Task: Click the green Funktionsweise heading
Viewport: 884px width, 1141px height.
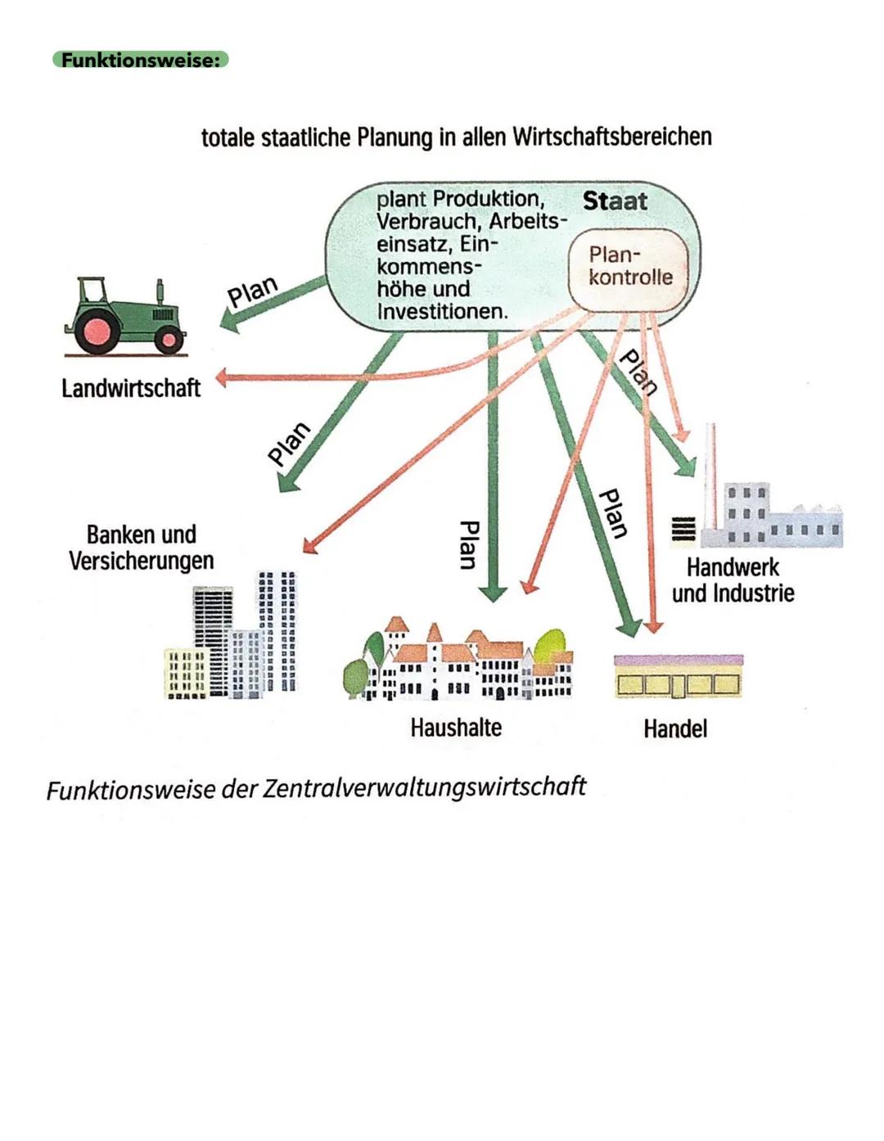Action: [140, 60]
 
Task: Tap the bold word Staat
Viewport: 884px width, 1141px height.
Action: [615, 201]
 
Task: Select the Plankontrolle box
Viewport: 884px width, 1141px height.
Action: [629, 267]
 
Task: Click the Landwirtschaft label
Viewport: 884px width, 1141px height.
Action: [131, 388]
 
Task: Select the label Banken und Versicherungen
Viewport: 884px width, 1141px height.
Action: [142, 548]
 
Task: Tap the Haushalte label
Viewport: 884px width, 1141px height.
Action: [456, 727]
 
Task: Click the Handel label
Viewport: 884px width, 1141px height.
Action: [675, 728]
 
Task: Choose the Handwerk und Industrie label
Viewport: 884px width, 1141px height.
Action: [733, 580]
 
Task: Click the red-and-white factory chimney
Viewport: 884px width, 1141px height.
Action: [711, 475]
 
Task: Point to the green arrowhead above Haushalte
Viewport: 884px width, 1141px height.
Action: [492, 593]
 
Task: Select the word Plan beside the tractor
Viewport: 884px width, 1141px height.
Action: [252, 291]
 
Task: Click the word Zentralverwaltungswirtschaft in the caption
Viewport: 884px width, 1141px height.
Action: [424, 787]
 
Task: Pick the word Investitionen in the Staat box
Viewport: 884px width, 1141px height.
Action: [442, 312]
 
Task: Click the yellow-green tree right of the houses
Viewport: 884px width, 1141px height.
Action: [548, 646]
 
